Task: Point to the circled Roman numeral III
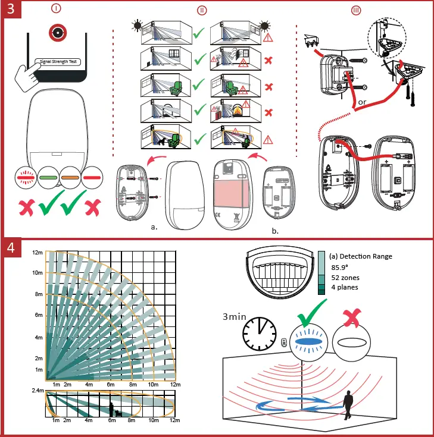[356, 10]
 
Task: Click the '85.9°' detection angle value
[341, 268]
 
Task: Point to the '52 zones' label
[345, 278]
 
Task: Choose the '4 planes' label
[345, 288]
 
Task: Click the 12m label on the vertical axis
[37, 253]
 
